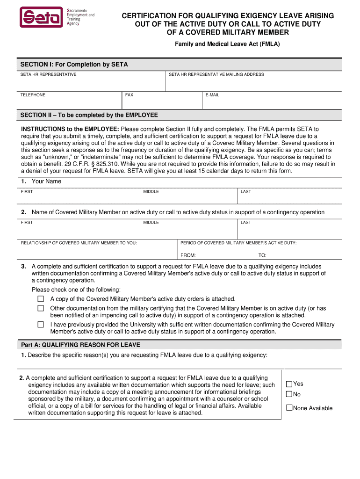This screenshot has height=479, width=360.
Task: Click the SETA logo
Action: pyautogui.click(x=41, y=17)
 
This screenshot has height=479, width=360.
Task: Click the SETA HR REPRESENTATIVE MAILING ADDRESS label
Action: pyautogui.click(x=216, y=74)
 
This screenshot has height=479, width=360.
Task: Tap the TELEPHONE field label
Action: pyautogui.click(x=33, y=95)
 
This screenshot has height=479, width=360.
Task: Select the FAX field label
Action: pyautogui.click(x=129, y=95)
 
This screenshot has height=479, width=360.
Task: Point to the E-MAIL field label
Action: pyautogui.click(x=212, y=95)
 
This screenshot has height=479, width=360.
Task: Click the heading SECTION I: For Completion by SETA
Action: pyautogui.click(x=74, y=65)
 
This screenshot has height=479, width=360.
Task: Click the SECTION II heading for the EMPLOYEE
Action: pyautogui.click(x=89, y=115)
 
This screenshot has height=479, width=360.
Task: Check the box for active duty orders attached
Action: pyautogui.click(x=41, y=299)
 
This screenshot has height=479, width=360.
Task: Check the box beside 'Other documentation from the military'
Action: pyautogui.click(x=41, y=308)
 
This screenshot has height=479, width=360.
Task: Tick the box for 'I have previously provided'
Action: pyautogui.click(x=41, y=324)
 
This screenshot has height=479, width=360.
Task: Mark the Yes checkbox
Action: pyautogui.click(x=289, y=384)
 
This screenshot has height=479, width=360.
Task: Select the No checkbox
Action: pyautogui.click(x=289, y=394)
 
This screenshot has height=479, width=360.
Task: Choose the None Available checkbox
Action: pyautogui.click(x=289, y=408)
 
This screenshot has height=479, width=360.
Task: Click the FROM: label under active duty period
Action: pyautogui.click(x=188, y=255)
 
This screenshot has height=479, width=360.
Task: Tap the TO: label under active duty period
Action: pyautogui.click(x=262, y=255)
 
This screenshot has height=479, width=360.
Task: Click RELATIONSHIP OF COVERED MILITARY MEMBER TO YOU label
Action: pyautogui.click(x=79, y=243)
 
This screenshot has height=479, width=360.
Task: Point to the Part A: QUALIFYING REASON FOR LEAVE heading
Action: pyautogui.click(x=80, y=345)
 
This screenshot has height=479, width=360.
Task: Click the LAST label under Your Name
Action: pyautogui.click(x=246, y=192)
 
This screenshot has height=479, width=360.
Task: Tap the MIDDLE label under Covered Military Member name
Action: pyautogui.click(x=151, y=223)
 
